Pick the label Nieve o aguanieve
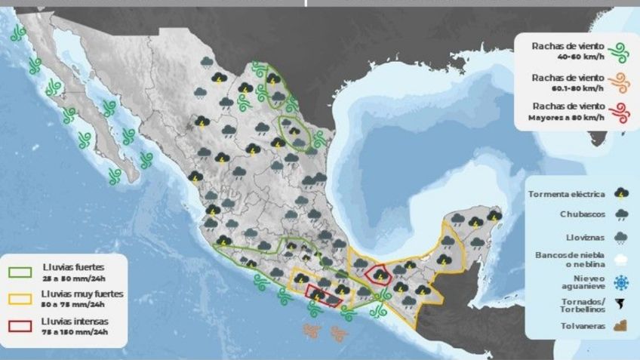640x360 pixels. pyautogui.click(x=579, y=282)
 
